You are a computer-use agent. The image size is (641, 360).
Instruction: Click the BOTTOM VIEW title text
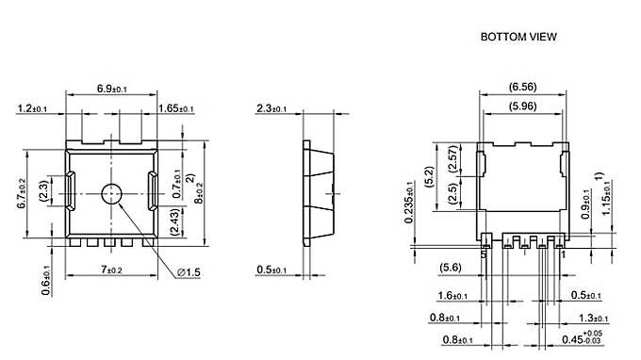click(x=518, y=38)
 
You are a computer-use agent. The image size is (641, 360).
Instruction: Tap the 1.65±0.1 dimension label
click(x=176, y=109)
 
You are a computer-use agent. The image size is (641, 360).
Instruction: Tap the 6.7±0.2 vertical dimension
click(x=24, y=196)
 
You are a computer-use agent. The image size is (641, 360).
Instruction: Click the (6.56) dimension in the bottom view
click(x=523, y=87)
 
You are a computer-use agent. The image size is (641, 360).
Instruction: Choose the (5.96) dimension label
click(x=523, y=106)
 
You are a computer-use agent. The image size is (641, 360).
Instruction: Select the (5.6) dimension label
click(x=451, y=269)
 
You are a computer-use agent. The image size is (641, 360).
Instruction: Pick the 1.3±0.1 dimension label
click(x=594, y=319)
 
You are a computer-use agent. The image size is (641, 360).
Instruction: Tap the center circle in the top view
click(x=112, y=194)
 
